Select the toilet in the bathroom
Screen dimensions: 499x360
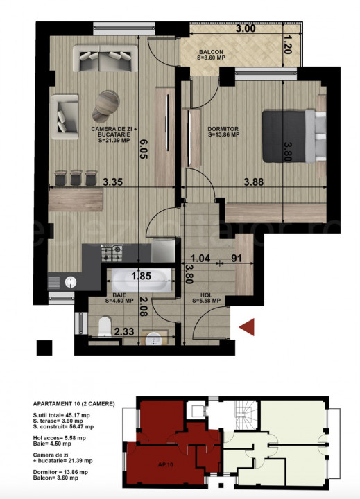(x=105, y=326)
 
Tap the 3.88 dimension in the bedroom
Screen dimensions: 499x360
(x=256, y=182)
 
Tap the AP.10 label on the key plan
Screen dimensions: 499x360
(x=165, y=464)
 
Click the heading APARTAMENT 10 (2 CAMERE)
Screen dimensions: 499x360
(x=73, y=404)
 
